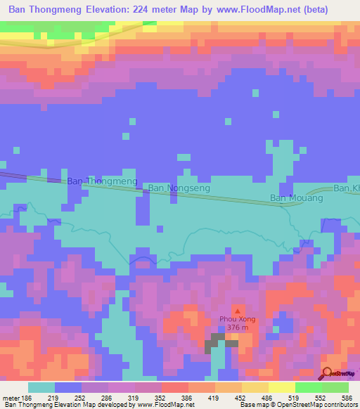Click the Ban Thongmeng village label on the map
pyautogui.click(x=102, y=181)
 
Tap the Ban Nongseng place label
pyautogui.click(x=176, y=188)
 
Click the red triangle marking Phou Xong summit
pyautogui.click(x=237, y=310)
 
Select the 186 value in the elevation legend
pyautogui.click(x=26, y=397)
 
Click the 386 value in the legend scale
pyautogui.click(x=187, y=397)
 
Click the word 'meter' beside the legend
pyautogui.click(x=10, y=397)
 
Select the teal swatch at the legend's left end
pyautogui.click(x=41, y=387)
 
